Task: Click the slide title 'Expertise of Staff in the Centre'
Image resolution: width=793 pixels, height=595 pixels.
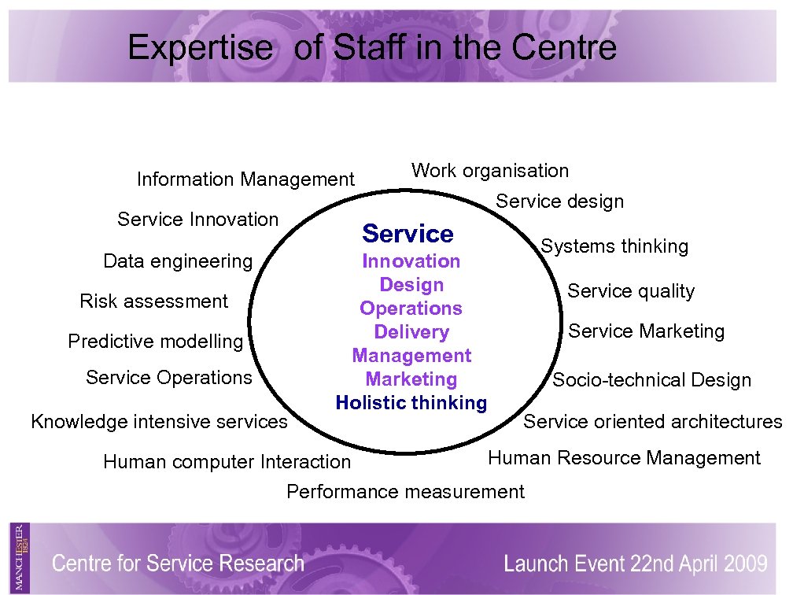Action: click(x=372, y=48)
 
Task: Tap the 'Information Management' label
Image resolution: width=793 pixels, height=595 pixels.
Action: click(x=245, y=179)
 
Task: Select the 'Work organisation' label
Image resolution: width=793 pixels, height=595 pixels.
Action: click(x=489, y=171)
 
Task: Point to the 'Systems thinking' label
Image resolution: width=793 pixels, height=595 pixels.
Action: click(x=614, y=246)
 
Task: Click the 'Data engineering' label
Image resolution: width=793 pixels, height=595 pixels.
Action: click(x=178, y=261)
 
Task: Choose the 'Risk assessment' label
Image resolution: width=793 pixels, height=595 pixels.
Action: click(x=153, y=301)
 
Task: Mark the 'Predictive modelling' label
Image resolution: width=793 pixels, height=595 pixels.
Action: click(x=156, y=342)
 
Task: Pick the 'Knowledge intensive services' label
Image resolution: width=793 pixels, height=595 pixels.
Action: click(x=159, y=422)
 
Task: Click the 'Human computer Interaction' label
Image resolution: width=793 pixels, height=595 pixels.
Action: click(x=227, y=462)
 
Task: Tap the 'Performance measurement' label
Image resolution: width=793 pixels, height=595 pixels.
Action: click(x=405, y=493)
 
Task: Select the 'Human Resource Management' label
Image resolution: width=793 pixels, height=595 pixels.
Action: click(x=624, y=458)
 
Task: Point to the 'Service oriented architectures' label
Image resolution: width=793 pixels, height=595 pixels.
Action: click(x=653, y=422)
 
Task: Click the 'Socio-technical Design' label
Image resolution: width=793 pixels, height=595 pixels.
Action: click(x=651, y=381)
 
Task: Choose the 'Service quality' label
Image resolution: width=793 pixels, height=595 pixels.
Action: click(x=631, y=291)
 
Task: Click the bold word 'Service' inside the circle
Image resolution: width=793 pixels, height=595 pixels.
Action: click(x=408, y=234)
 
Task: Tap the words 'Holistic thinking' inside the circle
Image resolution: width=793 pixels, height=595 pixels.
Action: click(x=411, y=403)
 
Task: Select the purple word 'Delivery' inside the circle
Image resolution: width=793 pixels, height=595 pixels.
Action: click(x=411, y=332)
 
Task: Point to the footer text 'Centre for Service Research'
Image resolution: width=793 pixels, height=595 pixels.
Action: click(x=178, y=564)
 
